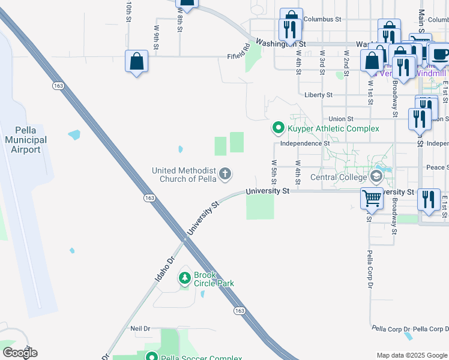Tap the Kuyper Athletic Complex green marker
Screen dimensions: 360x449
tap(278, 128)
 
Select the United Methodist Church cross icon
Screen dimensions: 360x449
tap(225, 174)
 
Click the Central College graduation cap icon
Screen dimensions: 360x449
tap(376, 176)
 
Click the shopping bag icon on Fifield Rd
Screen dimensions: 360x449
tap(137, 61)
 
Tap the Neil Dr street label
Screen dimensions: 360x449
tap(140, 329)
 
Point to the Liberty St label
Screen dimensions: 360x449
tap(318, 95)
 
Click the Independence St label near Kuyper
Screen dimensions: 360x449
tap(305, 143)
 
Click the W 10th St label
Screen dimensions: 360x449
tap(128, 11)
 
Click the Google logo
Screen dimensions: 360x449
tap(19, 353)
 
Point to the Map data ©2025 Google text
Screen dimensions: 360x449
tap(412, 355)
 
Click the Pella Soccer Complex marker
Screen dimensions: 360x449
tap(152, 357)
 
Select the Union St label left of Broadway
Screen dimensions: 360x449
tap(341, 119)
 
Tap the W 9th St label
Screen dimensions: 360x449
tap(156, 37)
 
